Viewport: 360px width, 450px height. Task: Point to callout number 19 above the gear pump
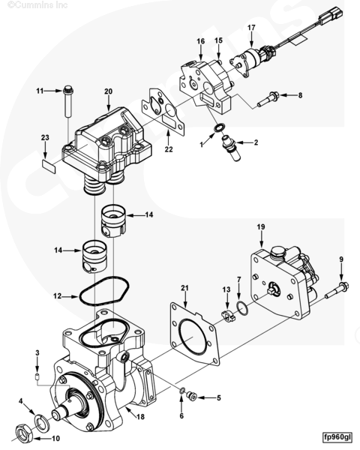pos(261,226)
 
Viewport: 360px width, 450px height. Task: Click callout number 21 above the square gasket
pos(184,288)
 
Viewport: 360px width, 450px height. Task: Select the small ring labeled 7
pos(241,307)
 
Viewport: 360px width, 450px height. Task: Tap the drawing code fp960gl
pos(337,436)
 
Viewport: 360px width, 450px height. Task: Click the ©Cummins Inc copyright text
pos(28,5)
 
